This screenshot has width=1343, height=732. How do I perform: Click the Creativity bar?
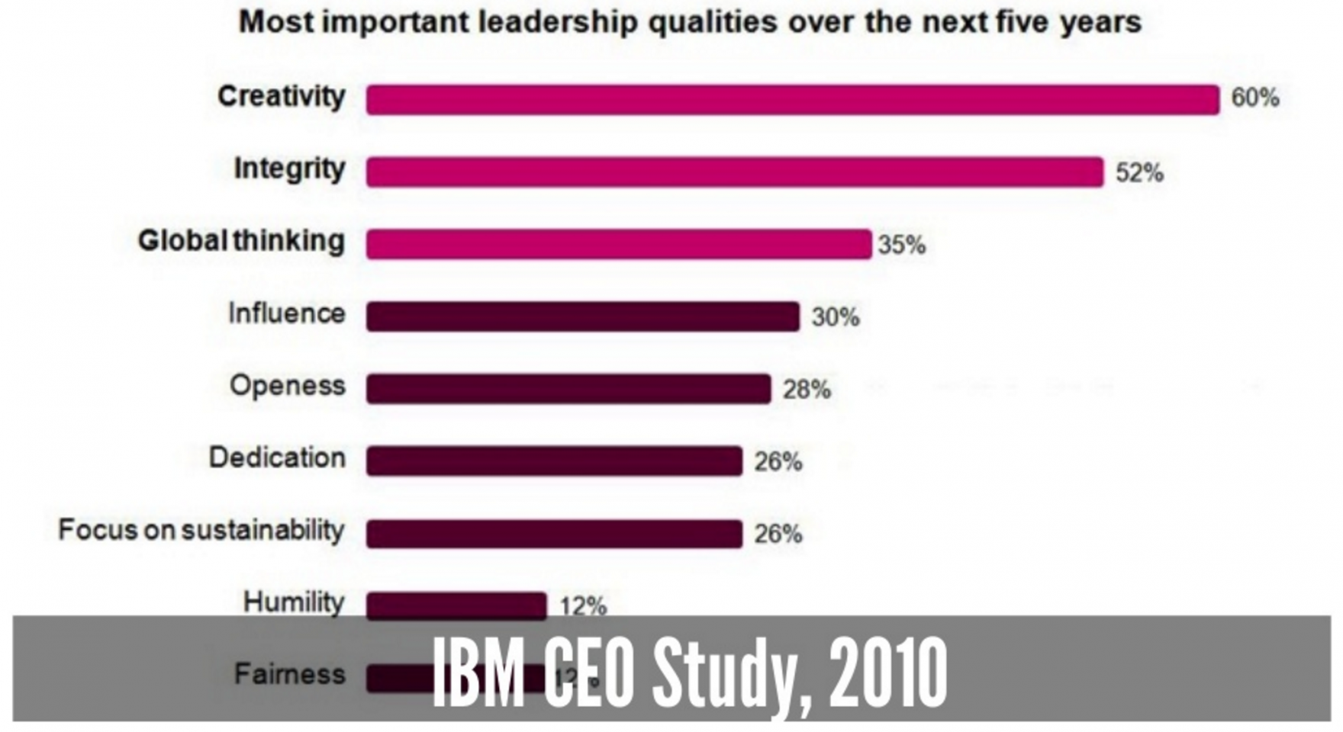click(x=792, y=100)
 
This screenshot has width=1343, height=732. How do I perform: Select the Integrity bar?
click(x=734, y=172)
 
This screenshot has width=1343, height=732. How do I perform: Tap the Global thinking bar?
click(x=618, y=245)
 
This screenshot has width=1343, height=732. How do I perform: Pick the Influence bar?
click(x=582, y=316)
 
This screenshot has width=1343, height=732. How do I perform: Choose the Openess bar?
click(x=568, y=389)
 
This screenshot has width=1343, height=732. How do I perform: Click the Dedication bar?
click(x=553, y=461)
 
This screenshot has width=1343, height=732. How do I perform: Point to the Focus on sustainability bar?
click(x=553, y=534)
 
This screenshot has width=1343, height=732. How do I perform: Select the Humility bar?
click(x=456, y=605)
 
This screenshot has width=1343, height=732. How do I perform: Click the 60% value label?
click(x=1254, y=98)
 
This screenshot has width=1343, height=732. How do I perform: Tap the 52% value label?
click(x=1139, y=173)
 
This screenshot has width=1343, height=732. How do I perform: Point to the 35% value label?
click(x=901, y=246)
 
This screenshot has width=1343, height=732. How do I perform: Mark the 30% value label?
click(x=836, y=317)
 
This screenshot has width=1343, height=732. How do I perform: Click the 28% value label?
click(x=807, y=390)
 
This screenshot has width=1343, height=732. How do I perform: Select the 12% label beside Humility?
click(x=583, y=606)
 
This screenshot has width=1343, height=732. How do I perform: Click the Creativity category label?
click(x=281, y=97)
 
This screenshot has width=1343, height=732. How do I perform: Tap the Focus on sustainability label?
click(x=201, y=530)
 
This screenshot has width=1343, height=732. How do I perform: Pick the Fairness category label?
click(x=289, y=674)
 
